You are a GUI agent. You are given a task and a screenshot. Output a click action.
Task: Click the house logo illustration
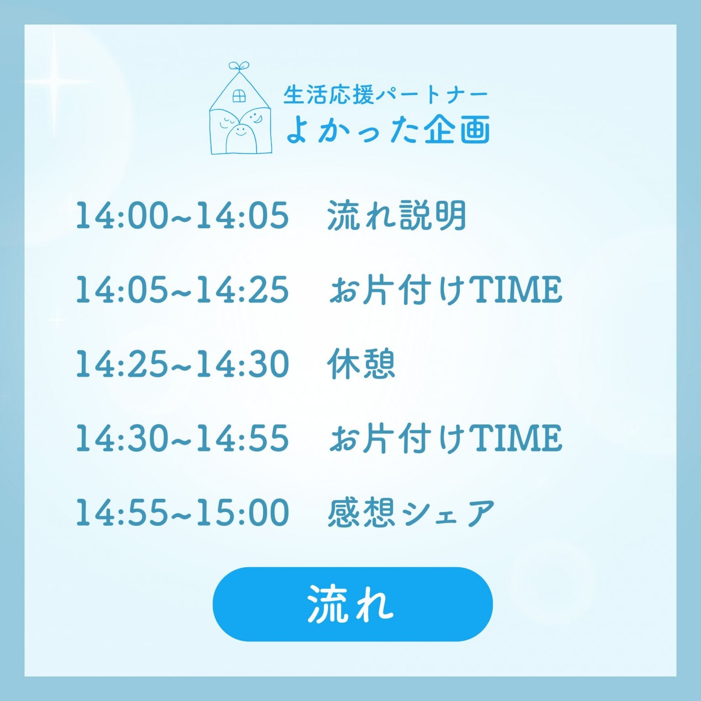pyautogui.click(x=241, y=108)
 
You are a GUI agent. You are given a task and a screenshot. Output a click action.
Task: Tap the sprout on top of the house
pyautogui.click(x=239, y=67)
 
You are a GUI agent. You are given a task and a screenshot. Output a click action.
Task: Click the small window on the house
pyautogui.click(x=239, y=96)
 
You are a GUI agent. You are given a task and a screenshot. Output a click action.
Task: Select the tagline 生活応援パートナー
pyautogui.click(x=386, y=95)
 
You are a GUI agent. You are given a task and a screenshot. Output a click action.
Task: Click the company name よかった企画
pyautogui.click(x=388, y=129)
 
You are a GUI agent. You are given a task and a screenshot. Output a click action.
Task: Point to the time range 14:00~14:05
pyautogui.click(x=183, y=215)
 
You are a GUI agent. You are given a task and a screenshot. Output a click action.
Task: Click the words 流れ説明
pyautogui.click(x=397, y=215)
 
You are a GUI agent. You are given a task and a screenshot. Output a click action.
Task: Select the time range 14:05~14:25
pyautogui.click(x=183, y=289)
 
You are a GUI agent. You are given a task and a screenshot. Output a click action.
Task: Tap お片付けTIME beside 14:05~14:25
pyautogui.click(x=445, y=289)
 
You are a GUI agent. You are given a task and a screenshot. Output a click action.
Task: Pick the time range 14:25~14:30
pyautogui.click(x=183, y=364)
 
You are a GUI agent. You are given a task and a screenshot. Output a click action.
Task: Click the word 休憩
pyautogui.click(x=361, y=364)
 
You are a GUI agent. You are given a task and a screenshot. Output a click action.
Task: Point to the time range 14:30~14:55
pyautogui.click(x=183, y=438)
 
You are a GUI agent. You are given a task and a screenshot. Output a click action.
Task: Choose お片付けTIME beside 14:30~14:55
pyautogui.click(x=445, y=438)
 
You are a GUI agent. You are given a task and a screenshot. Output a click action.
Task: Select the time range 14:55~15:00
pyautogui.click(x=183, y=512)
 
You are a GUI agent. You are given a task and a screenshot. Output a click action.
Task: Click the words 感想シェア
pyautogui.click(x=411, y=512)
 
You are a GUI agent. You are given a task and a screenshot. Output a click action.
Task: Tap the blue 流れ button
pyautogui.click(x=353, y=604)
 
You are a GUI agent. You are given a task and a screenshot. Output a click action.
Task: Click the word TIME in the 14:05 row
pyautogui.click(x=517, y=290)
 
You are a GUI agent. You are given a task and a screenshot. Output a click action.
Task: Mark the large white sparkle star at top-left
pyautogui.click(x=54, y=82)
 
